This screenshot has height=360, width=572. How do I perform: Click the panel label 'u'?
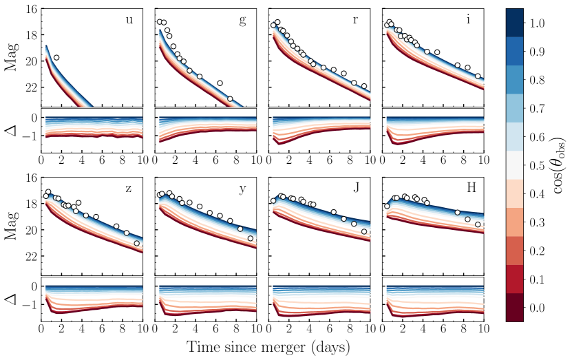(x=129, y=20)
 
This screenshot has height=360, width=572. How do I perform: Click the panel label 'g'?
(x=242, y=20)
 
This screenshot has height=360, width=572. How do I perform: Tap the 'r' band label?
(x=355, y=20)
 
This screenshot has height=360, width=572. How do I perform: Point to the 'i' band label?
(x=469, y=20)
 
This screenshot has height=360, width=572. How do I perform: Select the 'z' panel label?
(x=129, y=189)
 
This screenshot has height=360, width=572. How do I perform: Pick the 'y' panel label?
(x=242, y=189)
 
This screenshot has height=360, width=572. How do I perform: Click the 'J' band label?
(x=355, y=189)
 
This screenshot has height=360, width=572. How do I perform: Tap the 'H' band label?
(x=469, y=189)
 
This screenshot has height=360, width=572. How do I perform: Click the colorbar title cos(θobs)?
(x=560, y=165)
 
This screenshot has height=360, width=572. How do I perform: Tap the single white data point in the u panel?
(x=56, y=57)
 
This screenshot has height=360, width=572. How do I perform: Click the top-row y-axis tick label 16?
(x=31, y=10)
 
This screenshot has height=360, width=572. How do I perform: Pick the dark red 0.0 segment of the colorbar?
(x=514, y=307)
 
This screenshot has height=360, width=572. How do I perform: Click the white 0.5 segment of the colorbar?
(x=514, y=165)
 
